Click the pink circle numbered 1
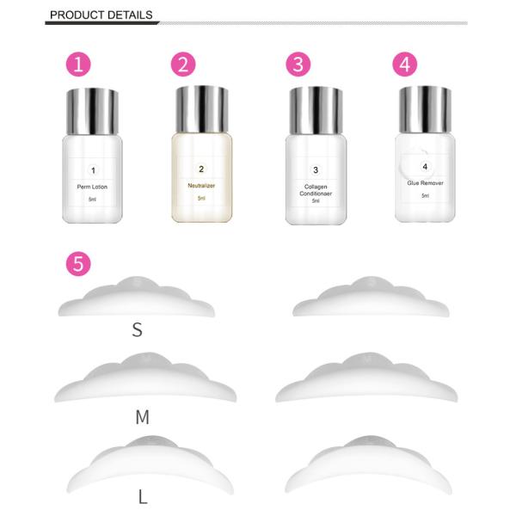click(x=79, y=64)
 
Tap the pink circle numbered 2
click(x=183, y=64)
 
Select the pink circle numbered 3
click(x=297, y=64)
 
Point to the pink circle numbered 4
click(x=404, y=64)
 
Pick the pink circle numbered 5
click(x=79, y=264)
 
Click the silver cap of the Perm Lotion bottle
click(x=92, y=107)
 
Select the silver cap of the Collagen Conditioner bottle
click(x=316, y=107)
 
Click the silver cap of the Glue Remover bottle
click(x=425, y=107)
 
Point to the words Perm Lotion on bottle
click(x=92, y=186)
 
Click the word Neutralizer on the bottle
click(x=201, y=185)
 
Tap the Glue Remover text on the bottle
click(x=425, y=183)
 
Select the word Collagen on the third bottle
click(x=316, y=186)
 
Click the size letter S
click(x=137, y=330)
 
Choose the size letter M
click(x=142, y=418)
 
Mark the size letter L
click(x=142, y=497)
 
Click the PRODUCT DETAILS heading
click(x=101, y=15)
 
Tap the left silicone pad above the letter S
click(x=138, y=297)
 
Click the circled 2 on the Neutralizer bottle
click(x=201, y=169)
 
